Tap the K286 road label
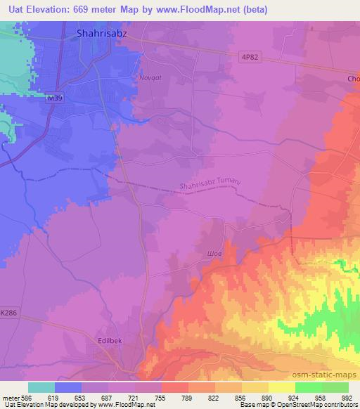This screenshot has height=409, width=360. coord(9,311)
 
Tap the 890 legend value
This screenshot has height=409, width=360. coord(268,397)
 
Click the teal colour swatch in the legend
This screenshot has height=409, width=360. coord(41,387)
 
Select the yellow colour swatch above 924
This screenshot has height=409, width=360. coord(281,387)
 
